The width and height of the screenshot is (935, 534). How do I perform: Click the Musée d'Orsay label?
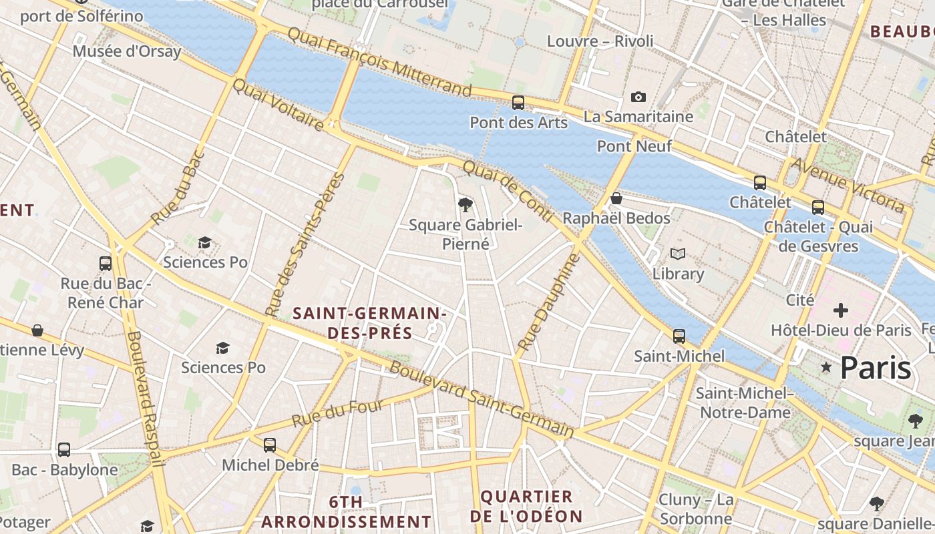tap(127, 51)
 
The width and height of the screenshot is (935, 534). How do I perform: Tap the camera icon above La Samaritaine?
tap(638, 97)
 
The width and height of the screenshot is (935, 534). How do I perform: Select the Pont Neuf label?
tap(634, 146)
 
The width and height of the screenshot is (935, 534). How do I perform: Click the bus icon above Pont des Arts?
tap(518, 103)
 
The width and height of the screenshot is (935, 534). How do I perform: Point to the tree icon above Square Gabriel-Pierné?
tap(465, 204)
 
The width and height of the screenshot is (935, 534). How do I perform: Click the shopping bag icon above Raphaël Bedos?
tap(616, 198)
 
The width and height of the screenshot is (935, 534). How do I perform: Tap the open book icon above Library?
tap(678, 254)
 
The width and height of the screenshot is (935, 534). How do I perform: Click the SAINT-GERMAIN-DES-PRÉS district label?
tap(369, 322)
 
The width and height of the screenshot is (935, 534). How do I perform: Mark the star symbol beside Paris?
tap(826, 366)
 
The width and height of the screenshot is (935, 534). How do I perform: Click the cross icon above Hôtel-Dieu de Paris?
tap(840, 310)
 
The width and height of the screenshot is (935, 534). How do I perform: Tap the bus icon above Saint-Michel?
tap(679, 336)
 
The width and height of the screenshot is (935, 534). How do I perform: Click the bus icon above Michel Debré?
tap(270, 445)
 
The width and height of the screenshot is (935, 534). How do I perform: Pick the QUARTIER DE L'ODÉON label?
tap(527, 506)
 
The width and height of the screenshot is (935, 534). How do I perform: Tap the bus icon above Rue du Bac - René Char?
tap(106, 263)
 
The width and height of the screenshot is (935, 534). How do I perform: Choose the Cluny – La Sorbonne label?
tap(696, 509)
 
